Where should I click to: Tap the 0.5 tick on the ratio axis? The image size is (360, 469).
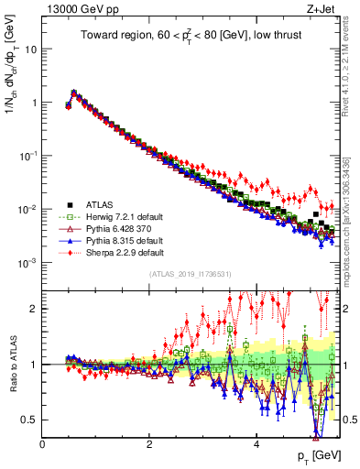coord(29,420)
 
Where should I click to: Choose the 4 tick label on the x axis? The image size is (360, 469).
coord(256,443)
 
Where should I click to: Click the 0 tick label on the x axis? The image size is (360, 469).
coord(43,443)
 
